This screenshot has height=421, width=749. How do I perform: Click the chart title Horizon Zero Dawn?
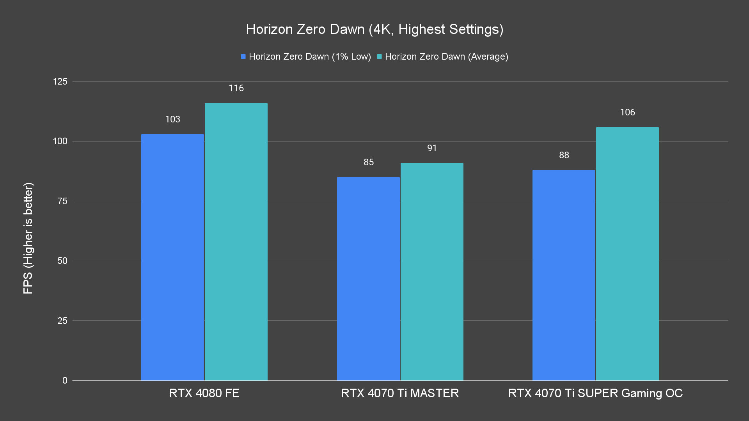[x=374, y=29]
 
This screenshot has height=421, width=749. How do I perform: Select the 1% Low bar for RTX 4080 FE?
[x=172, y=257]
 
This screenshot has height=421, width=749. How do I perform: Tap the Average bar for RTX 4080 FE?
[x=236, y=242]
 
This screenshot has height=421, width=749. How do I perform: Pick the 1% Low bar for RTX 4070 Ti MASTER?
[x=368, y=279]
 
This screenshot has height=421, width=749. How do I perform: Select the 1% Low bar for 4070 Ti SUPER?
[x=564, y=275]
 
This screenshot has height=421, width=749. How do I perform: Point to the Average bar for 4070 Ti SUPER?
[x=627, y=254]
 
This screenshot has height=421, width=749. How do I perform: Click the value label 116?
[x=236, y=88]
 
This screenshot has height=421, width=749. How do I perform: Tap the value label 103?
[x=172, y=120]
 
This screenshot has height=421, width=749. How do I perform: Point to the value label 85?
[x=369, y=162]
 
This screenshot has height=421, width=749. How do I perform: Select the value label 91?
[x=432, y=148]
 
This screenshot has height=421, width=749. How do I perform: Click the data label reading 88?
[x=564, y=155]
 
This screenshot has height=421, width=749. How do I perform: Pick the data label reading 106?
[x=627, y=113]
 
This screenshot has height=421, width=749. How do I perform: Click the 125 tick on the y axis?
[x=60, y=81]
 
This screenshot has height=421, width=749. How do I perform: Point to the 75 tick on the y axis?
[x=62, y=201]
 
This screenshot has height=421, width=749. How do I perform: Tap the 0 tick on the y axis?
[x=65, y=380]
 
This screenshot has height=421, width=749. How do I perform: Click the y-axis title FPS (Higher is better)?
[x=28, y=238]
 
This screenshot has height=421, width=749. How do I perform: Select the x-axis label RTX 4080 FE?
[x=204, y=393]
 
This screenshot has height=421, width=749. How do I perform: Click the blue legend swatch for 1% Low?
[x=243, y=57]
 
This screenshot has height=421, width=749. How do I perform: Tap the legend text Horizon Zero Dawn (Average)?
[x=446, y=57]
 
